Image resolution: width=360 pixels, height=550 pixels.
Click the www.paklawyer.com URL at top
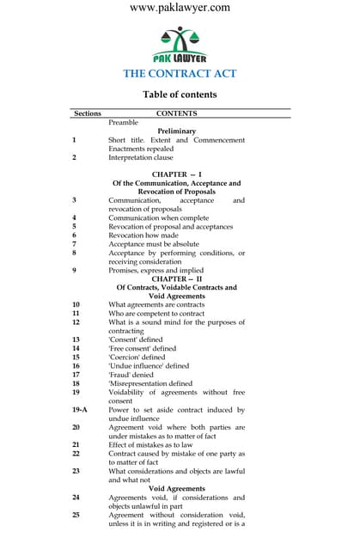click(180, 8)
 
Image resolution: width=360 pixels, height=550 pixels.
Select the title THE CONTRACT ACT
click(180, 73)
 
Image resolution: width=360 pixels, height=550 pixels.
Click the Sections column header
click(88, 113)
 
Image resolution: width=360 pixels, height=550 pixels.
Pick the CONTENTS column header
click(176, 113)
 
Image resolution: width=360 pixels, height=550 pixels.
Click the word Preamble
click(123, 123)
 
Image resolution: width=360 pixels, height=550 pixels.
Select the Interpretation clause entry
click(140, 157)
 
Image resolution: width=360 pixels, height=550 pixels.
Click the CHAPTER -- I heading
click(176, 174)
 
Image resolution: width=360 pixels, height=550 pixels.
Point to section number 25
click(76, 515)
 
